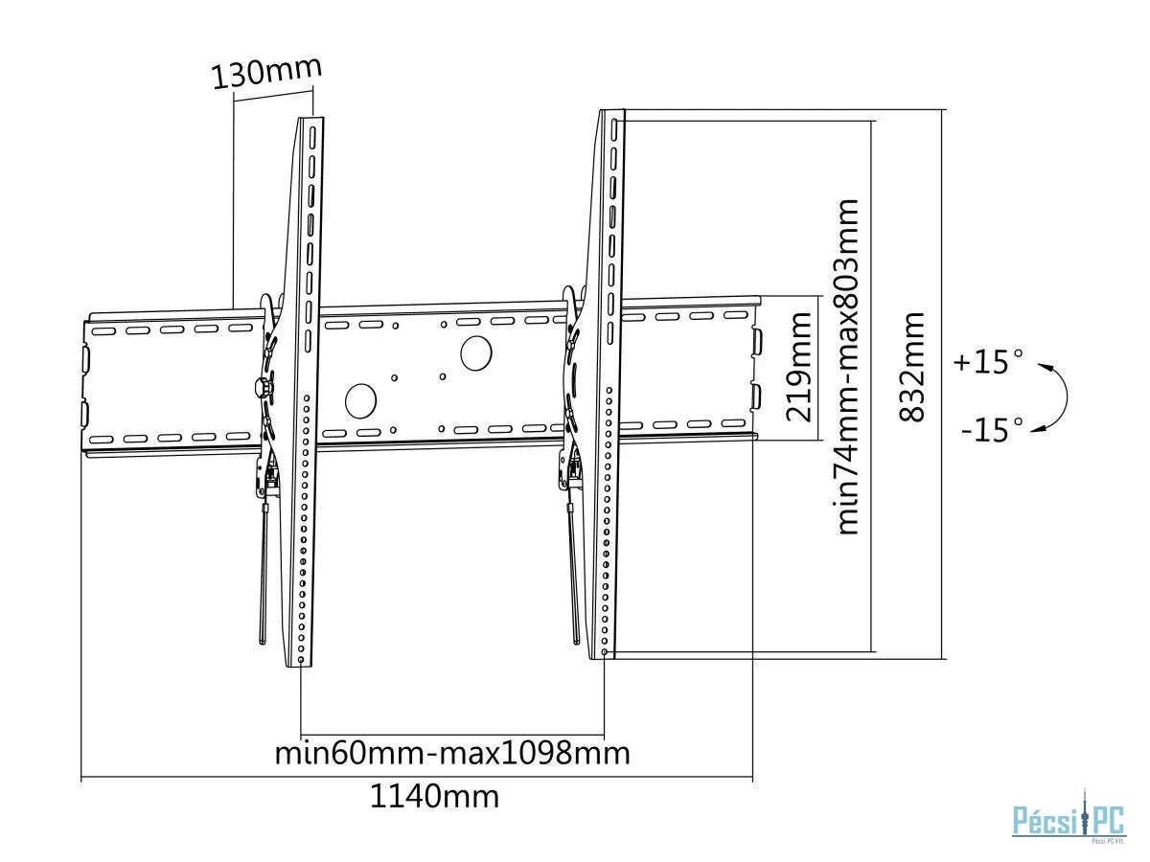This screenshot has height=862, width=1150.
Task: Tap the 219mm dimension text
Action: click(798, 367)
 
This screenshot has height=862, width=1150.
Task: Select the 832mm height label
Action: click(911, 367)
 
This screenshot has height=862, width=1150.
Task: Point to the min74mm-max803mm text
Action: click(847, 367)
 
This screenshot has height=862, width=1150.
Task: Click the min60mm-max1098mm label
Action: click(452, 753)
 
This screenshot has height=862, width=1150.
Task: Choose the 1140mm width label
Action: click(434, 797)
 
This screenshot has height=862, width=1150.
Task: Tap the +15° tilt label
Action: click(987, 362)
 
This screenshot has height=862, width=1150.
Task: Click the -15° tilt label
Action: click(991, 430)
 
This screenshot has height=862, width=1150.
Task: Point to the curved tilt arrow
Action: click(1067, 397)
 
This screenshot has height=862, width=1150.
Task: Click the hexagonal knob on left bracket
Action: click(263, 388)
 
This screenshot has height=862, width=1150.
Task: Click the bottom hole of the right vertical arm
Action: click(604, 652)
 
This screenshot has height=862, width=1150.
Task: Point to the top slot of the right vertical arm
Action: click(614, 128)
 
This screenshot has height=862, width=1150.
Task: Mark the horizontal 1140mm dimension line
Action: click(417, 778)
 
